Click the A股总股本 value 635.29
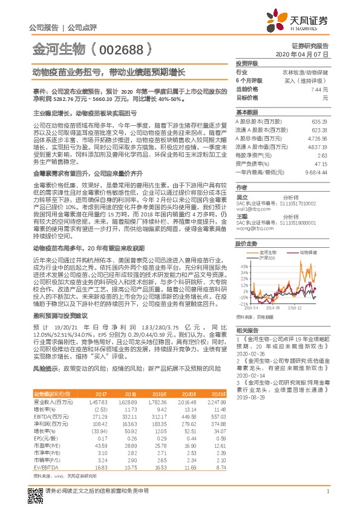321,122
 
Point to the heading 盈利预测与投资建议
58,316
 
